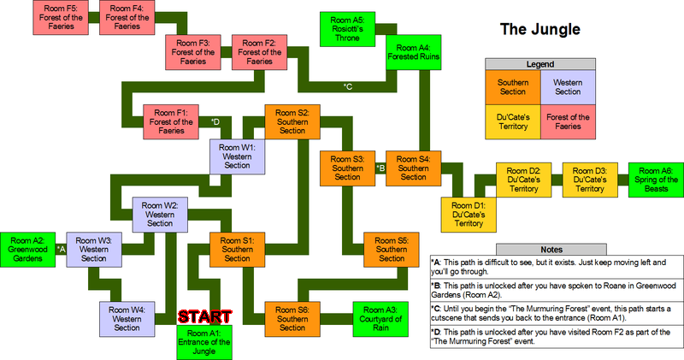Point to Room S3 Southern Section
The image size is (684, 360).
click(x=347, y=168)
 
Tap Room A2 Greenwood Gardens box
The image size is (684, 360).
click(x=28, y=247)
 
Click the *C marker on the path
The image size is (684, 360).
click(x=348, y=86)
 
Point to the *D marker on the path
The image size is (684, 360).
click(x=215, y=121)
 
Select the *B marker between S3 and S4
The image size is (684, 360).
click(x=380, y=168)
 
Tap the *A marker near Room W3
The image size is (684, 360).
click(x=60, y=248)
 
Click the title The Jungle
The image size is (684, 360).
click(x=540, y=30)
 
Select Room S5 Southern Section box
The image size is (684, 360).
click(x=392, y=248)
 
